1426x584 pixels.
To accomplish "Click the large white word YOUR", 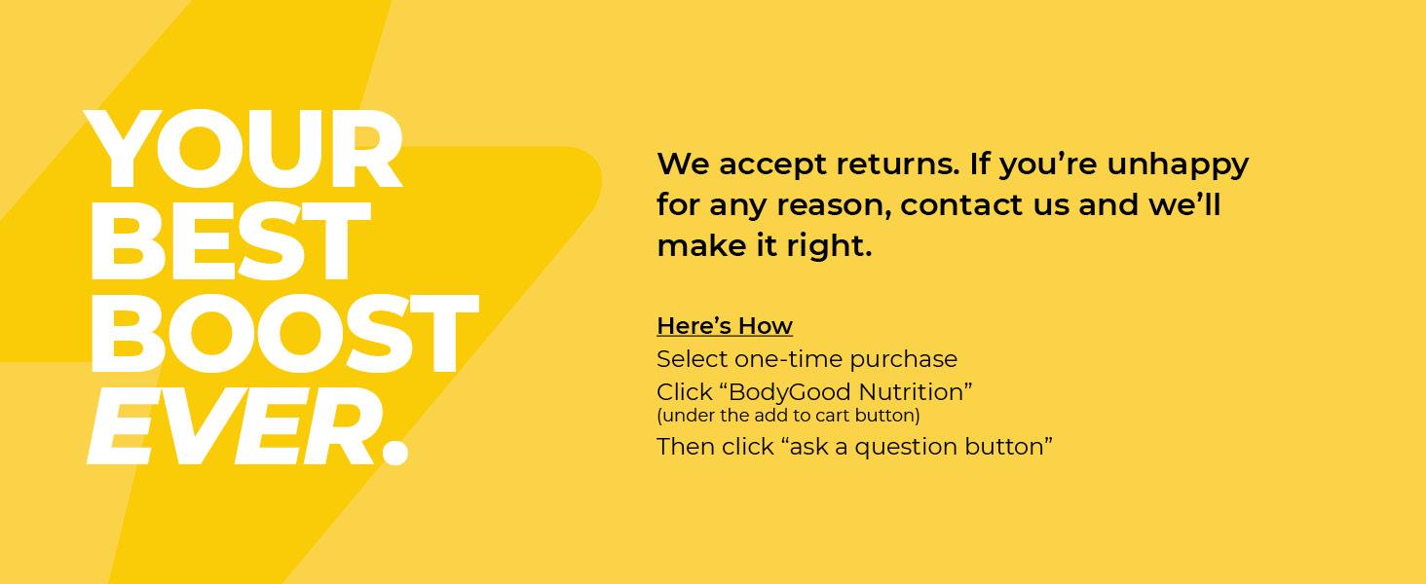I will coord(244,150).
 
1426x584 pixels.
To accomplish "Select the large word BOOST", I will coord(282,333).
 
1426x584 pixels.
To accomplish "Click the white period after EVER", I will coord(394,451).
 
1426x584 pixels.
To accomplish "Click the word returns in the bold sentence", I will coord(897,164).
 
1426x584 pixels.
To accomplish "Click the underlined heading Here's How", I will coord(724,326).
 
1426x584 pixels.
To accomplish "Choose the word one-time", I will coord(787,359).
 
